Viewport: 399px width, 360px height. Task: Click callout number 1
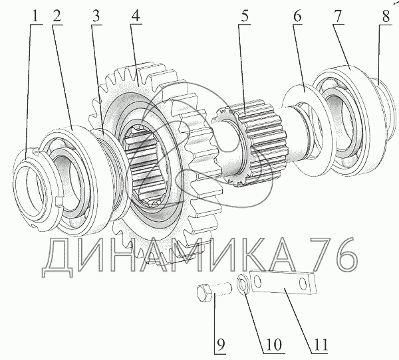[x=35, y=16]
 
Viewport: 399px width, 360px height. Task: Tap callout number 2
[x=57, y=16]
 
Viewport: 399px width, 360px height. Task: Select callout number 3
[x=96, y=16]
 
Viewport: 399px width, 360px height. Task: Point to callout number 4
[x=135, y=16]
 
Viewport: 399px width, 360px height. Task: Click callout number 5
[x=244, y=16]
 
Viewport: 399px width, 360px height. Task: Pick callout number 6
[x=297, y=16]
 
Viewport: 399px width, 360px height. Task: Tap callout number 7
[x=337, y=16]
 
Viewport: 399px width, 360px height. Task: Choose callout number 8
[x=386, y=16]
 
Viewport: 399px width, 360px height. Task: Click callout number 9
[x=220, y=345]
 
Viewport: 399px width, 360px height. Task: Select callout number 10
[x=273, y=345]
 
